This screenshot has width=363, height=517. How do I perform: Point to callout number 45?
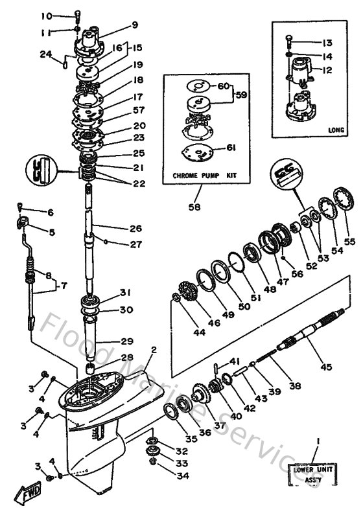click(x=325, y=367)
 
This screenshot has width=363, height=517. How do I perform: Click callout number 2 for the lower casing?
click(x=154, y=350)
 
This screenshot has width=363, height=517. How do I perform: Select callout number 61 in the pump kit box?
click(x=231, y=148)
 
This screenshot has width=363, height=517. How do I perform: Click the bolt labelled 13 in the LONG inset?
click(x=288, y=42)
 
